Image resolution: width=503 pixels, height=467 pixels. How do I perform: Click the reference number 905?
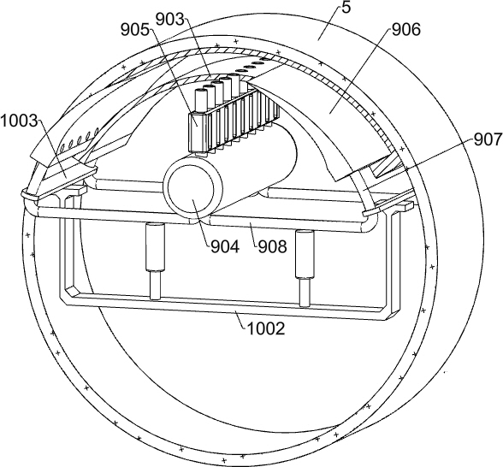[x=135, y=30]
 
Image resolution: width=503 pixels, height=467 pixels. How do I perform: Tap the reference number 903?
[x=170, y=20]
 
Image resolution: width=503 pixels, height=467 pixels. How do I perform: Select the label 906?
[x=405, y=30]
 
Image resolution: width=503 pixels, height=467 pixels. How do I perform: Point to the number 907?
[x=488, y=140]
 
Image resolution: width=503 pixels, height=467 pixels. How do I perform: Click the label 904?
[x=225, y=247]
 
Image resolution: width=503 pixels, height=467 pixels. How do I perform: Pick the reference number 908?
[x=272, y=247]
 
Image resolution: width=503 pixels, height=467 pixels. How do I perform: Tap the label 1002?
[x=266, y=329]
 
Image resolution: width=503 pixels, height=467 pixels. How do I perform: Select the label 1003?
[x=19, y=121]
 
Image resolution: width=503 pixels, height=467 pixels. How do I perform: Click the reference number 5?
[x=346, y=8]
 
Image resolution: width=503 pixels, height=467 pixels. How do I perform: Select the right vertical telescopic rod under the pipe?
[x=305, y=269]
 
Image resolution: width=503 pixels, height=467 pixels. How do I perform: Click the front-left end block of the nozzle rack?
[x=198, y=132]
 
